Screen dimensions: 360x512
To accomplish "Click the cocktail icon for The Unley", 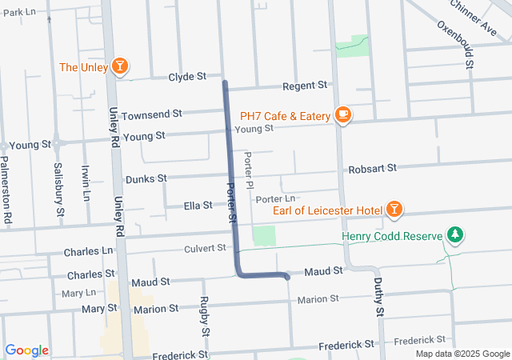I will [x=120, y=66].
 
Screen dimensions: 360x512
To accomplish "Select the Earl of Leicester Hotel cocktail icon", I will [x=394, y=210].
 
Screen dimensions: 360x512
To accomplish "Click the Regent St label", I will [x=306, y=85].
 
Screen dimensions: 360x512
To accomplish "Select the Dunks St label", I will [x=146, y=178].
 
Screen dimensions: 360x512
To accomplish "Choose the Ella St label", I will [x=198, y=206].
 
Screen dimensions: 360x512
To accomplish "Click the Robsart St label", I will [x=373, y=168].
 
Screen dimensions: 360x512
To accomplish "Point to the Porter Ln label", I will [x=276, y=198].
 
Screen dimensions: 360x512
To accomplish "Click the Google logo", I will [x=26, y=350].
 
